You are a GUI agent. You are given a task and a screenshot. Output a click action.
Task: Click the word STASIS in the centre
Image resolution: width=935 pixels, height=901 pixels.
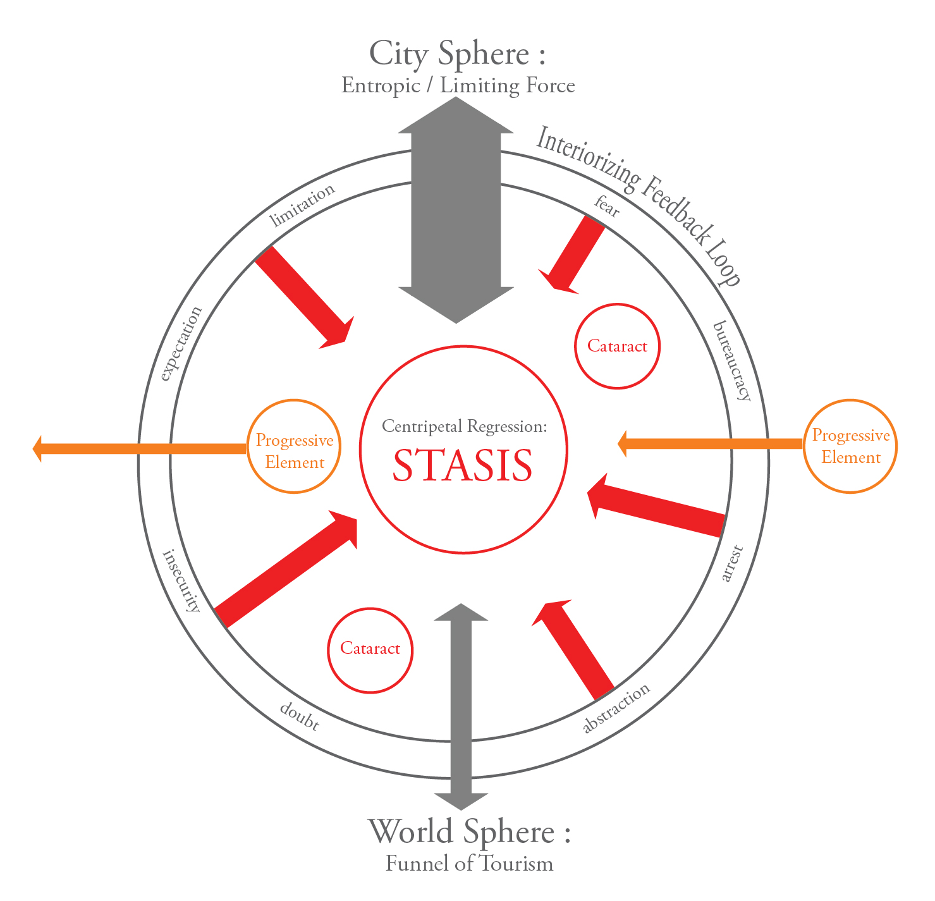coord(463,466)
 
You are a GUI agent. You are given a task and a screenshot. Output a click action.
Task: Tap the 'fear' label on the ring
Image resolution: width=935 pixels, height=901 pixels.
coord(607,207)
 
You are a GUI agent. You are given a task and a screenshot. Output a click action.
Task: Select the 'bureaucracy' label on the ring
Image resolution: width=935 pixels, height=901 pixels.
coord(732,361)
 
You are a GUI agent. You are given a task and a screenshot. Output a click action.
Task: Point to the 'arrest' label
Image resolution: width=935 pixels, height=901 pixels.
coord(731,564)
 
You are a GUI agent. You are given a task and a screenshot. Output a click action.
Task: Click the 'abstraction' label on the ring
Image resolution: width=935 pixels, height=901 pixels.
coord(616,709)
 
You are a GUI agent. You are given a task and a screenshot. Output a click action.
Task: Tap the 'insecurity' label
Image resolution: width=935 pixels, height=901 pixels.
coord(182,580)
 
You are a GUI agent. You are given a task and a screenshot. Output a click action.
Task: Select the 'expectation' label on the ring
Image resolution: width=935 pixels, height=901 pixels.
coord(181,343)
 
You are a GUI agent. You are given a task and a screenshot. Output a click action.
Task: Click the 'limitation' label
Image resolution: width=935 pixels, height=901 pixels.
coord(302,205)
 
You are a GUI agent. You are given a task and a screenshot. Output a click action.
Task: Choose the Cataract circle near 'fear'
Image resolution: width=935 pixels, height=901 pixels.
coord(617,346)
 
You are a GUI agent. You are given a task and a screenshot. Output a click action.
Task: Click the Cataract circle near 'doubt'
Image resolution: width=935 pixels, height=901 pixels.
coord(370,649)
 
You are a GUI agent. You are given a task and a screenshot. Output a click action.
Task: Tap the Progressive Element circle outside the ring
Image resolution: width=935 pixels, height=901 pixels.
coord(850,446)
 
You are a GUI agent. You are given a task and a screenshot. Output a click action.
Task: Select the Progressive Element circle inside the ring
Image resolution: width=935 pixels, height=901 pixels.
coord(295,446)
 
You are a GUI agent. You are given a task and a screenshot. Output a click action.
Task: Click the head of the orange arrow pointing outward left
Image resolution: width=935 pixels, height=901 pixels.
coord(39,448)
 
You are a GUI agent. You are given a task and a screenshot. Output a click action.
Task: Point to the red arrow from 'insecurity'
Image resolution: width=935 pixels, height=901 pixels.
coord(284,569)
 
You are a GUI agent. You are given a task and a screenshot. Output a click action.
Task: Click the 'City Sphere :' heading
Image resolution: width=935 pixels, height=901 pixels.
coord(457,53)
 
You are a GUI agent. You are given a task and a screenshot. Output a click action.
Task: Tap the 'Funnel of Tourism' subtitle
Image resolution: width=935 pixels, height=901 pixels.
coord(469,863)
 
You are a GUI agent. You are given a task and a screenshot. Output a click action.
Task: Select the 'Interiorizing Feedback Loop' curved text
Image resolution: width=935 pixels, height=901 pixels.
coord(639,202)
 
